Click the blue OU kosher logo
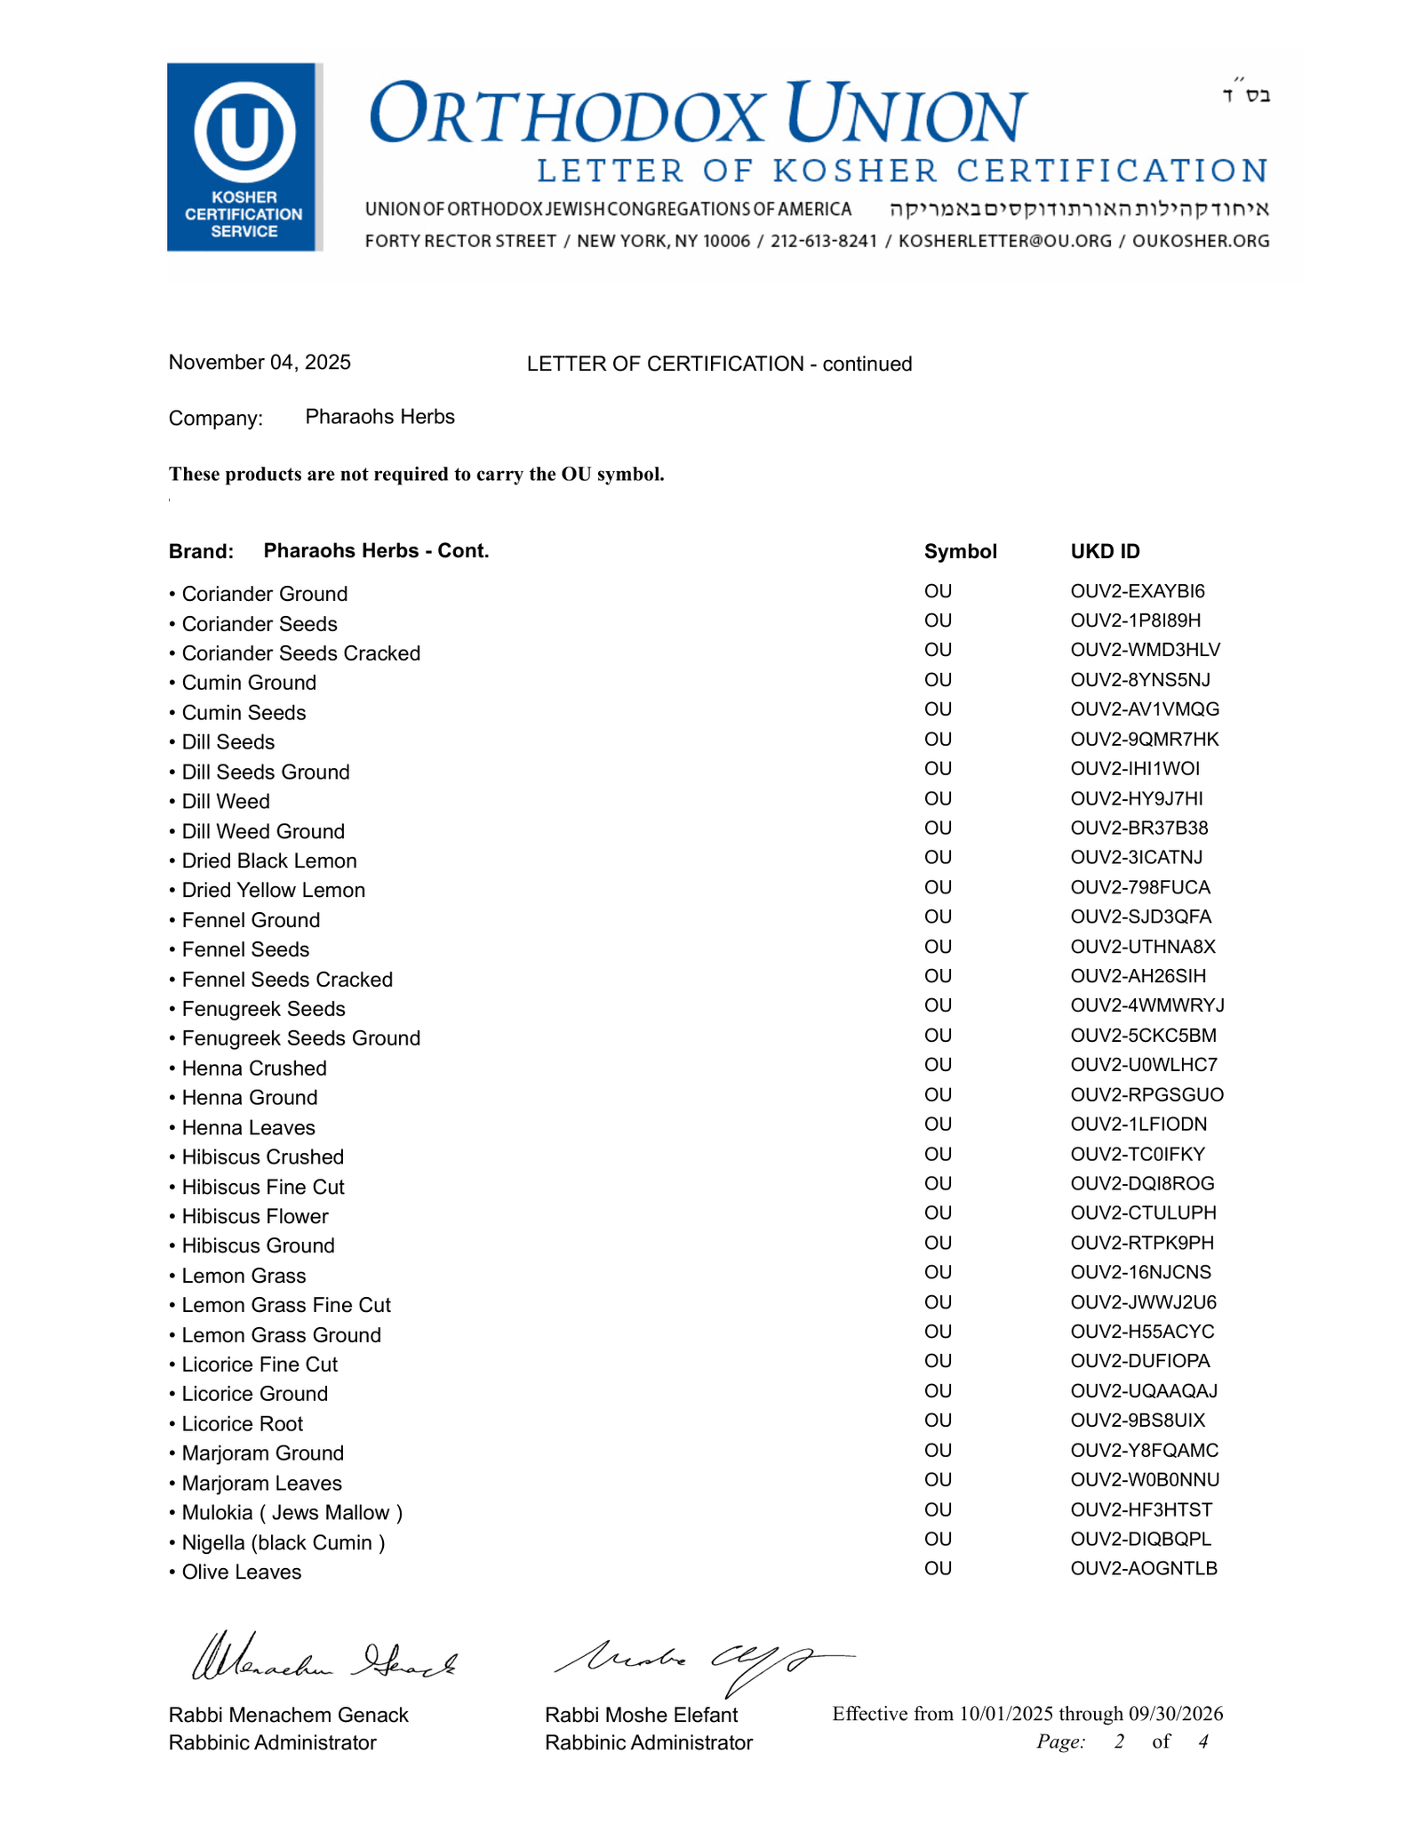coord(244,156)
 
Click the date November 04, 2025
coord(260,363)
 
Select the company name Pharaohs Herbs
coord(379,417)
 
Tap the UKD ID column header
coord(1105,551)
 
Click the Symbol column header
coord(960,551)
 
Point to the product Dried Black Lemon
coord(268,860)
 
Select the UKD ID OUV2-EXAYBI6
coord(1138,591)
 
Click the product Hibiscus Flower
coord(254,1216)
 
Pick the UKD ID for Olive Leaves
coord(1143,1568)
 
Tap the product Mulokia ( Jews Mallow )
coord(292,1512)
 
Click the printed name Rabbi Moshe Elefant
coord(641,1715)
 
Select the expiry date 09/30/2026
coord(1175,1714)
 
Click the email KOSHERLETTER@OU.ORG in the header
coord(1004,241)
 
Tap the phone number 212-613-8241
coord(823,241)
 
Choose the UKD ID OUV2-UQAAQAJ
coord(1143,1390)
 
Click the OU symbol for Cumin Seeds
coord(938,709)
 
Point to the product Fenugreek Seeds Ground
coord(300,1038)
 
